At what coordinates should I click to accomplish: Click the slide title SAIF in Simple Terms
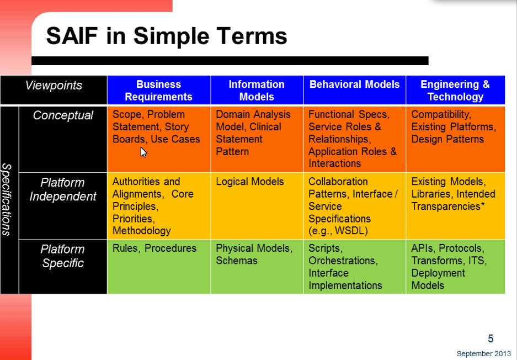pos(167,36)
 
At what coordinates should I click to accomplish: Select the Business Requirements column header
pos(158,90)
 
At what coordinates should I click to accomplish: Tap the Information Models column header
pos(257,90)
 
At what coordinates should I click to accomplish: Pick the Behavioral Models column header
pos(354,84)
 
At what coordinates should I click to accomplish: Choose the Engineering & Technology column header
pos(455,90)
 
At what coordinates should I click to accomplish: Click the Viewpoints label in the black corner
pos(54,85)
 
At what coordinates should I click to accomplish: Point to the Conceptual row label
pos(63,115)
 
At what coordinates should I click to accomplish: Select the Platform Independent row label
pos(63,189)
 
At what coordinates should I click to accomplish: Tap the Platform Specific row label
pos(63,256)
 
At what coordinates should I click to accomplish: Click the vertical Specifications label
pos(7,199)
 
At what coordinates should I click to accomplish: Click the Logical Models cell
pos(249,182)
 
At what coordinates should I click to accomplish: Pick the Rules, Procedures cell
pos(154,248)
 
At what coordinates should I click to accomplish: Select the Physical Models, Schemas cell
pos(254,255)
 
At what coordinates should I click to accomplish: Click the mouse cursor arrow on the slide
pos(143,152)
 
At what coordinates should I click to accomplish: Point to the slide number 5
pos(491,338)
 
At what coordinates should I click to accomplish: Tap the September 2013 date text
pos(484,354)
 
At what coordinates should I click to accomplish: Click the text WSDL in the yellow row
pos(351,231)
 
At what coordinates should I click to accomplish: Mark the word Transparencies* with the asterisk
pos(448,207)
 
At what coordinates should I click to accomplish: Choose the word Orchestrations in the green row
pos(343,261)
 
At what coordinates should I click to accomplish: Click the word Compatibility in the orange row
pos(441,114)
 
